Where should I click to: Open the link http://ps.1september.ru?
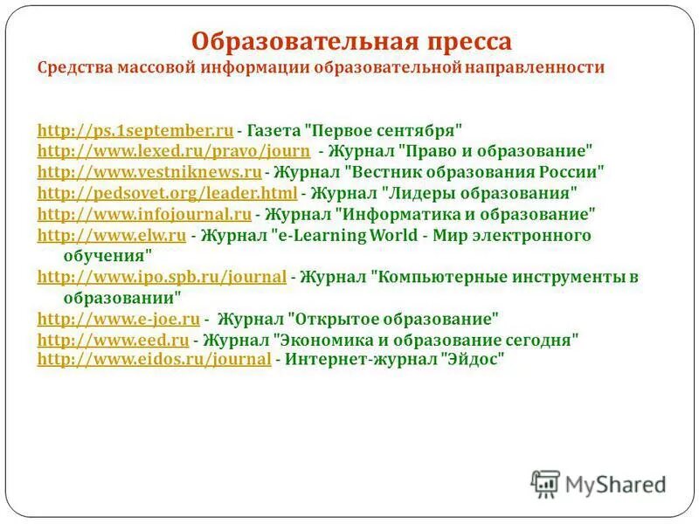pyautogui.click(x=135, y=131)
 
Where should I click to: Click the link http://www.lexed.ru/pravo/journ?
pyautogui.click(x=174, y=151)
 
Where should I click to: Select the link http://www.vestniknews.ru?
pyautogui.click(x=149, y=171)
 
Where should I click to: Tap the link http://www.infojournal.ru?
pyautogui.click(x=145, y=213)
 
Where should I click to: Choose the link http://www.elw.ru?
pyautogui.click(x=112, y=235)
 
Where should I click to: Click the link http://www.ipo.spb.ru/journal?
pyautogui.click(x=163, y=277)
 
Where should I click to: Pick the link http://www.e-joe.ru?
pyautogui.click(x=119, y=318)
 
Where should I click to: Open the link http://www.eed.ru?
pyautogui.click(x=114, y=339)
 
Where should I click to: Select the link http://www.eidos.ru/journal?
pyautogui.click(x=155, y=359)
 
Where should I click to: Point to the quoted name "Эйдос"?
pyautogui.click(x=474, y=359)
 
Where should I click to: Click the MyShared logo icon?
pyautogui.click(x=545, y=483)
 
